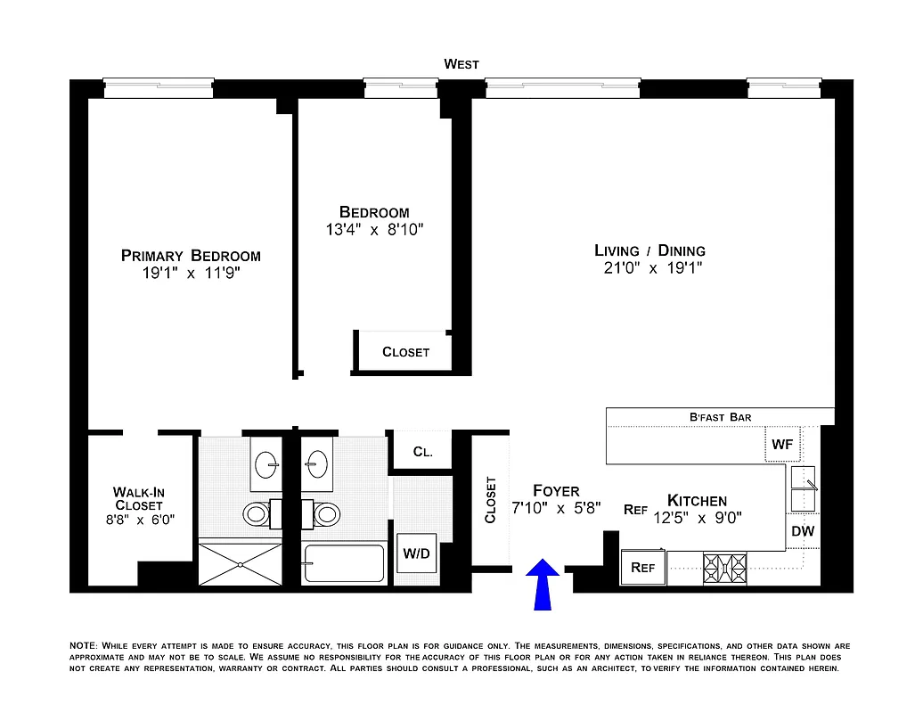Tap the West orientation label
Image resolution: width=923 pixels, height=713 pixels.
[x=461, y=64]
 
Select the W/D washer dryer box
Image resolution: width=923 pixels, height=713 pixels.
[x=415, y=553]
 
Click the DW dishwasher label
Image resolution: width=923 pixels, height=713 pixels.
[x=803, y=531]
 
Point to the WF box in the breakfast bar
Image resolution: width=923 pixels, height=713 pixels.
[x=781, y=444]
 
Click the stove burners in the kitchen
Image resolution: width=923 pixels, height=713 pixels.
[x=724, y=567]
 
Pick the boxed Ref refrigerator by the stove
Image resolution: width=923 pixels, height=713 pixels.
[x=643, y=567]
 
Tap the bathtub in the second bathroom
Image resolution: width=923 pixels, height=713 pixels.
[x=344, y=563]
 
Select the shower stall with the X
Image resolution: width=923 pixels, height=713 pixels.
[x=240, y=563]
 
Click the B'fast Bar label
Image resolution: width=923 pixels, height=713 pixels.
[x=720, y=416]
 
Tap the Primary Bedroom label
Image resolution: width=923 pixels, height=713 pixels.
[x=191, y=256]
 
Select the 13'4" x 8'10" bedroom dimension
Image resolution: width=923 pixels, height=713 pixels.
[x=374, y=229]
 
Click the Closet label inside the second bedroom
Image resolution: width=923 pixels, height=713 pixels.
[x=405, y=352]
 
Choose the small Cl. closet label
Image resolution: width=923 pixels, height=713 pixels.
[x=422, y=452]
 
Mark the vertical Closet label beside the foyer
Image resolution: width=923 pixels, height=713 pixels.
[x=490, y=500]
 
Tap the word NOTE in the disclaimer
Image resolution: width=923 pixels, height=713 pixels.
[x=84, y=645]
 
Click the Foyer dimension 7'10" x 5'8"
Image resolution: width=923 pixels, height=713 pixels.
[x=556, y=509]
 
